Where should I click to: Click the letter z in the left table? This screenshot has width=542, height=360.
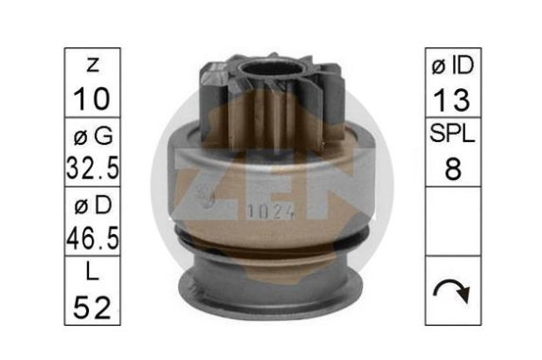click(x=93, y=64)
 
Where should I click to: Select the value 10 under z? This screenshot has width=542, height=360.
click(x=92, y=99)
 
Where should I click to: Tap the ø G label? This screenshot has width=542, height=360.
click(x=93, y=135)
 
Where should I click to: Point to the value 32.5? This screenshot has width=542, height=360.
click(x=93, y=168)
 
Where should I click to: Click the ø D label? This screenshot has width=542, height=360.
click(x=93, y=206)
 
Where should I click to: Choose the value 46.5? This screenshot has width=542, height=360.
click(x=93, y=238)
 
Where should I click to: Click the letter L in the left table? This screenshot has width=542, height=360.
click(x=92, y=272)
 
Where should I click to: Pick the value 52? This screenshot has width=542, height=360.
click(x=92, y=307)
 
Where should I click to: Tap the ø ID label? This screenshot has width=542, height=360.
click(x=453, y=65)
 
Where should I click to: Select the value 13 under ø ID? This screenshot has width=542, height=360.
click(x=452, y=99)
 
